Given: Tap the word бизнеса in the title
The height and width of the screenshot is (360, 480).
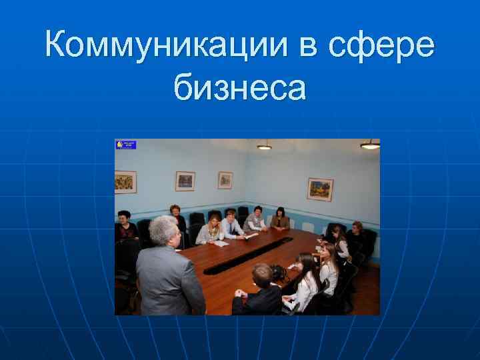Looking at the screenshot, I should pos(240,87).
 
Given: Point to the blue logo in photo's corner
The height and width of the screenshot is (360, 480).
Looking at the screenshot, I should pos(126,144).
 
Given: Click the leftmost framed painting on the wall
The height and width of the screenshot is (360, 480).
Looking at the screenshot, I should pos(125,181).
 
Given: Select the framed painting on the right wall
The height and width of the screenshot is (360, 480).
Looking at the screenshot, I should pos(320,189).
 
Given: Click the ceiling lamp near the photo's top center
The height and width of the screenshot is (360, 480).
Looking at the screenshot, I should pos(265,145).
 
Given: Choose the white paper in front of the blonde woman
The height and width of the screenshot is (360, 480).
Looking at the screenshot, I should pos(221,243).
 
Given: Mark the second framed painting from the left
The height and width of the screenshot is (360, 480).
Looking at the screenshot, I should pos(185,181).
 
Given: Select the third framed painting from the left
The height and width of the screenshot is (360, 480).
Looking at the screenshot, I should pos(225,180).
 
